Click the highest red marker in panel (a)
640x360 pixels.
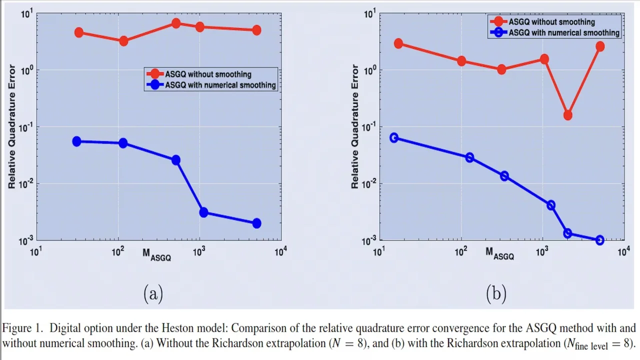pyautogui.click(x=175, y=23)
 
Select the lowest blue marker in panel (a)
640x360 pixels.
pyautogui.click(x=256, y=223)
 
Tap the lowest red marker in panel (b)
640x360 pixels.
pyautogui.click(x=567, y=115)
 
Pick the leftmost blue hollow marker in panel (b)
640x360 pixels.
pyautogui.click(x=394, y=137)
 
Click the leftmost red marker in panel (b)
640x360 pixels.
pyautogui.click(x=398, y=43)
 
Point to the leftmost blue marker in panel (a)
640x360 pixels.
pyautogui.click(x=76, y=141)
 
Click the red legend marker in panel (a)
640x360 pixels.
pyautogui.click(x=155, y=74)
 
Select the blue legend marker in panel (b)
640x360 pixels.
pyautogui.click(x=498, y=32)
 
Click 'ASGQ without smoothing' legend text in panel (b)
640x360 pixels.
pyautogui.click(x=552, y=22)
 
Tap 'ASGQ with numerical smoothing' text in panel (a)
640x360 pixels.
pyautogui.click(x=220, y=85)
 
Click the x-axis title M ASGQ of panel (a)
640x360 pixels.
pyautogui.click(x=156, y=254)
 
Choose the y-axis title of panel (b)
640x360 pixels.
pyautogui.click(x=355, y=126)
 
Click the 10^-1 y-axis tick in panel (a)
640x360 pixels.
pyautogui.click(x=24, y=127)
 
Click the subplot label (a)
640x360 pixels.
pyautogui.click(x=153, y=293)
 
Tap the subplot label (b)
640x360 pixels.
pyautogui.click(x=496, y=293)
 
